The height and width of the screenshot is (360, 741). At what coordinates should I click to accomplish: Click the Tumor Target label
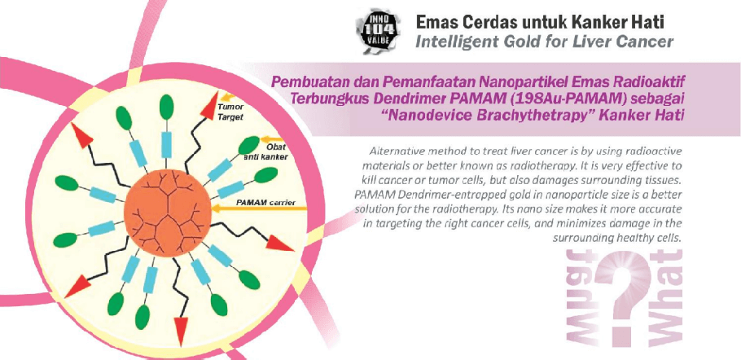coord(230,112)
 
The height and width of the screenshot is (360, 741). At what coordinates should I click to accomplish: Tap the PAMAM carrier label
coord(265,202)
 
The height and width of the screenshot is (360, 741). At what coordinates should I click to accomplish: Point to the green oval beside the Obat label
coord(248,145)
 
